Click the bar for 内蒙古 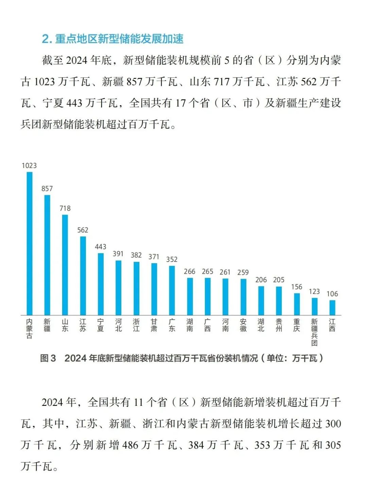[30, 244]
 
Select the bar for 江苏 [83, 276]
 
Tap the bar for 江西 [332, 308]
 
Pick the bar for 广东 [172, 290]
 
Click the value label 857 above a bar [47, 188]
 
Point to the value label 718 [65, 208]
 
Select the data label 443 [101, 247]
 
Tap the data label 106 [332, 294]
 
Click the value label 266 [190, 271]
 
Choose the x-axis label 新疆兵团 [314, 332]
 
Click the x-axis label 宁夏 [101, 325]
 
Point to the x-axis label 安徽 [243, 325]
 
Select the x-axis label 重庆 [297, 325]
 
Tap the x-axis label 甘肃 [154, 325]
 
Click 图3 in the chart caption [48, 358]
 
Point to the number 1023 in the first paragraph [45, 82]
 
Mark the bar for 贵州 [279, 301]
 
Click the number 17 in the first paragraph [181, 103]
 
